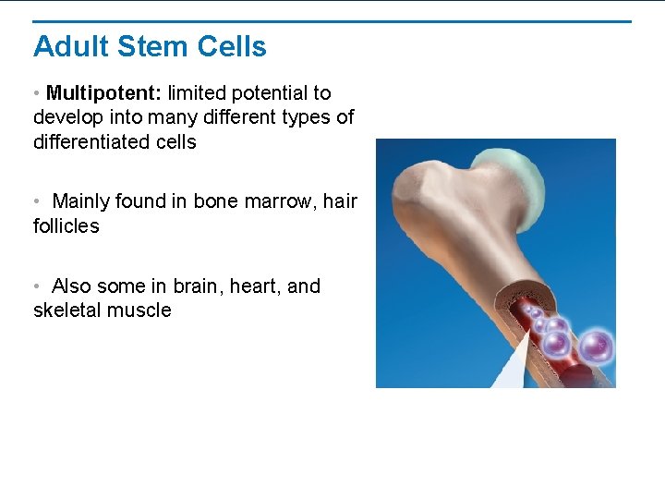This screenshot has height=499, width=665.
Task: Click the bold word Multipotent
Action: point(103,93)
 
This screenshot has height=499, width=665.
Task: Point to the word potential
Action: point(268,93)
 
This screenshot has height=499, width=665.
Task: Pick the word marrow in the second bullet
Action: point(282,201)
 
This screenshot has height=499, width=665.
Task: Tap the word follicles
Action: point(66,225)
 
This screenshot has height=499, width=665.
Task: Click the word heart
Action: point(258,286)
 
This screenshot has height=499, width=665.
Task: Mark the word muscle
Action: point(140,310)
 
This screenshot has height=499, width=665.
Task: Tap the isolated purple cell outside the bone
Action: point(596,347)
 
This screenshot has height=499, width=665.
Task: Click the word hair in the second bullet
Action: point(340,201)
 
